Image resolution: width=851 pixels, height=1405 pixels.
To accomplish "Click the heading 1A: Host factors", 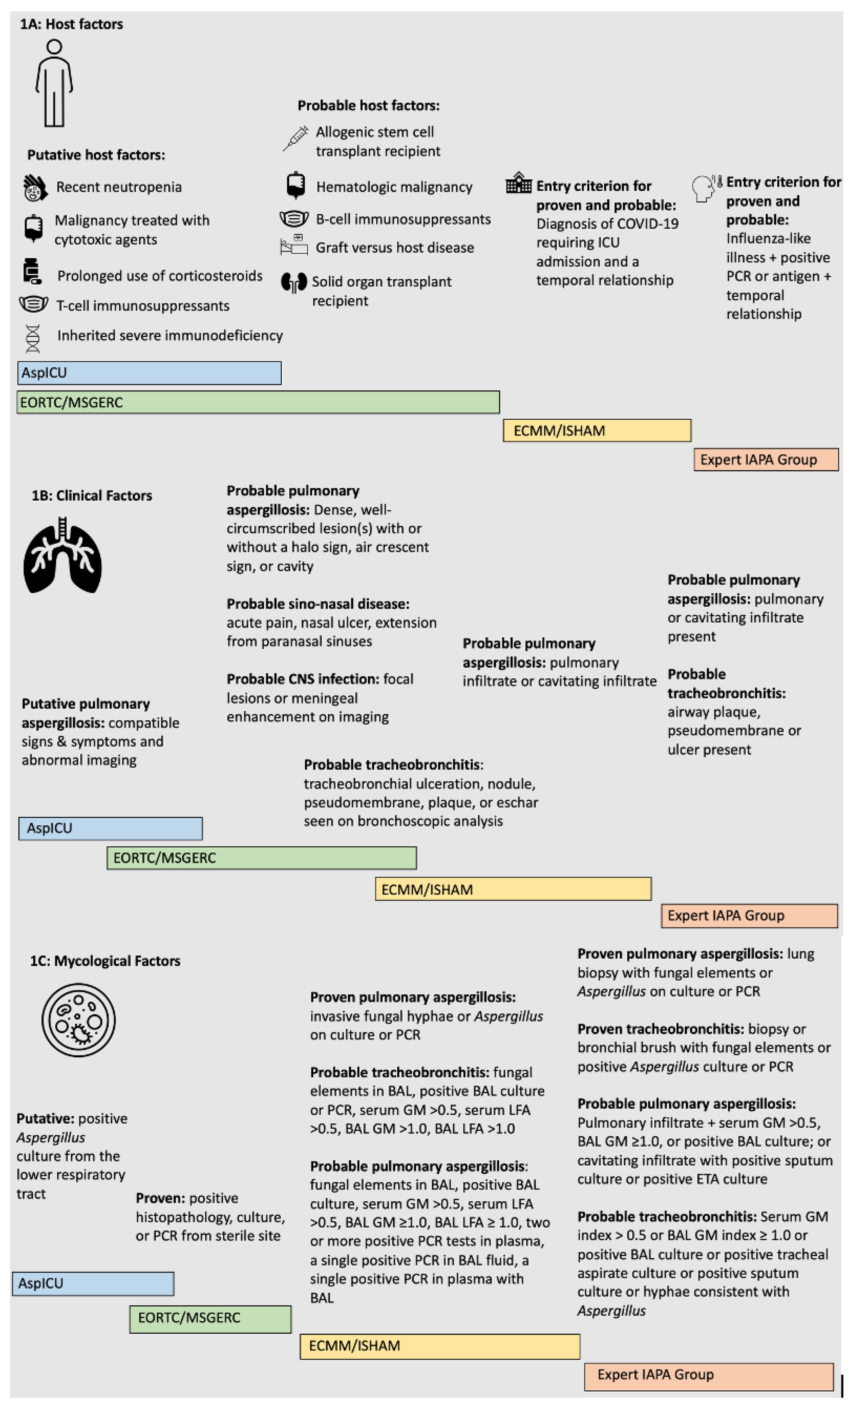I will (71, 24).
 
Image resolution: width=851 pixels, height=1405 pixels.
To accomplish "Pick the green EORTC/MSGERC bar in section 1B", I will (262, 858).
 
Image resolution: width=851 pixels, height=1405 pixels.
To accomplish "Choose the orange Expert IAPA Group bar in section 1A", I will (765, 460).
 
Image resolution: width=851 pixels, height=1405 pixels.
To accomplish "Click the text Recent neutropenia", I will (119, 187).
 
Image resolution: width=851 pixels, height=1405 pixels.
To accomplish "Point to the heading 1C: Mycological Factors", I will (105, 961).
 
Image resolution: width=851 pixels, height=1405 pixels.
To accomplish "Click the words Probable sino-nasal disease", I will (318, 604).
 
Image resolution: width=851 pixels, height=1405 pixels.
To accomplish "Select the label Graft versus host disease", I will (394, 247).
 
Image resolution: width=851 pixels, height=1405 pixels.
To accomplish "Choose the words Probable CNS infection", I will (302, 679).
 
